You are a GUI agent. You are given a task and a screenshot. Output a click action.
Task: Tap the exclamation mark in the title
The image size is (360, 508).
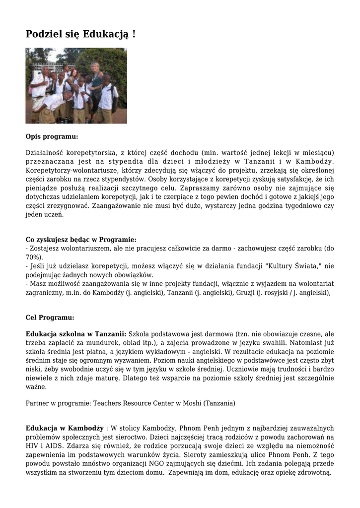134,34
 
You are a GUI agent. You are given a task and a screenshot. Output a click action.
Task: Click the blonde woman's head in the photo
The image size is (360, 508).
94,66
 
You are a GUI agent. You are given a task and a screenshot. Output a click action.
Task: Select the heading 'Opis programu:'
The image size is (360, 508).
52,136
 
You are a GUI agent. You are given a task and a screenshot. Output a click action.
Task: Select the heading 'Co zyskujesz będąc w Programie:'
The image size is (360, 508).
81,239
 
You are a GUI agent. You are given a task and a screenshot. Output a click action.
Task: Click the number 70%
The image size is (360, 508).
33,257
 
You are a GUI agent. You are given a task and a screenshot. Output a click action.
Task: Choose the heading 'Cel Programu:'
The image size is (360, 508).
50,317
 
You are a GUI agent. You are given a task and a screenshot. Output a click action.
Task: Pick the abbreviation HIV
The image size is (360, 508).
32,446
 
